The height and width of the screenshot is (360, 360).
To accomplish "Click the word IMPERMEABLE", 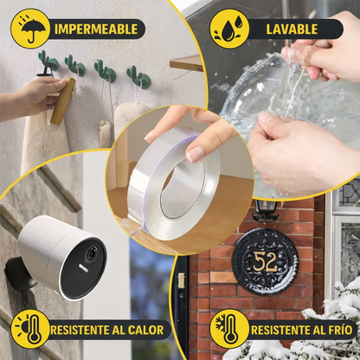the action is click(96, 29).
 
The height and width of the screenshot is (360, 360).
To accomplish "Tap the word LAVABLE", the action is click(292, 29).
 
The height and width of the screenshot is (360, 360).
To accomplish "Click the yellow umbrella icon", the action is click(29, 29).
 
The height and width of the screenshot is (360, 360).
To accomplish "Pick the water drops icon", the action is click(229, 29).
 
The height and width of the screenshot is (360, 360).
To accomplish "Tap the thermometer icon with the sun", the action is click(30, 329).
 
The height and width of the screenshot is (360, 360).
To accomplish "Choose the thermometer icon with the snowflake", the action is click(228, 329).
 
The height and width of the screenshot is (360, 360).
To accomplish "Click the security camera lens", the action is click(93, 254).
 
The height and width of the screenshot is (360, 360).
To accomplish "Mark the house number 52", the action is click(265, 261).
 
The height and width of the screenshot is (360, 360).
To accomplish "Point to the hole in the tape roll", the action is click(183, 188).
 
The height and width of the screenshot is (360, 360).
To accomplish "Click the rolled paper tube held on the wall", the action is click(62, 101).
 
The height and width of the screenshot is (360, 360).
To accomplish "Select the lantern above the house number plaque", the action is click(265, 210).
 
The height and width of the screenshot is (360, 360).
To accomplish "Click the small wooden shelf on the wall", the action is click(186, 63).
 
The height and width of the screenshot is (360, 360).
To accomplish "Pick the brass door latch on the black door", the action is click(181, 281).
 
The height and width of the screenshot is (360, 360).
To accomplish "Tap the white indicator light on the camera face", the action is click(84, 267).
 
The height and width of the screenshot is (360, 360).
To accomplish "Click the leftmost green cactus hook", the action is click(48, 61).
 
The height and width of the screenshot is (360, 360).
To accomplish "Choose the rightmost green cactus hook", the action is click(138, 77).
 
